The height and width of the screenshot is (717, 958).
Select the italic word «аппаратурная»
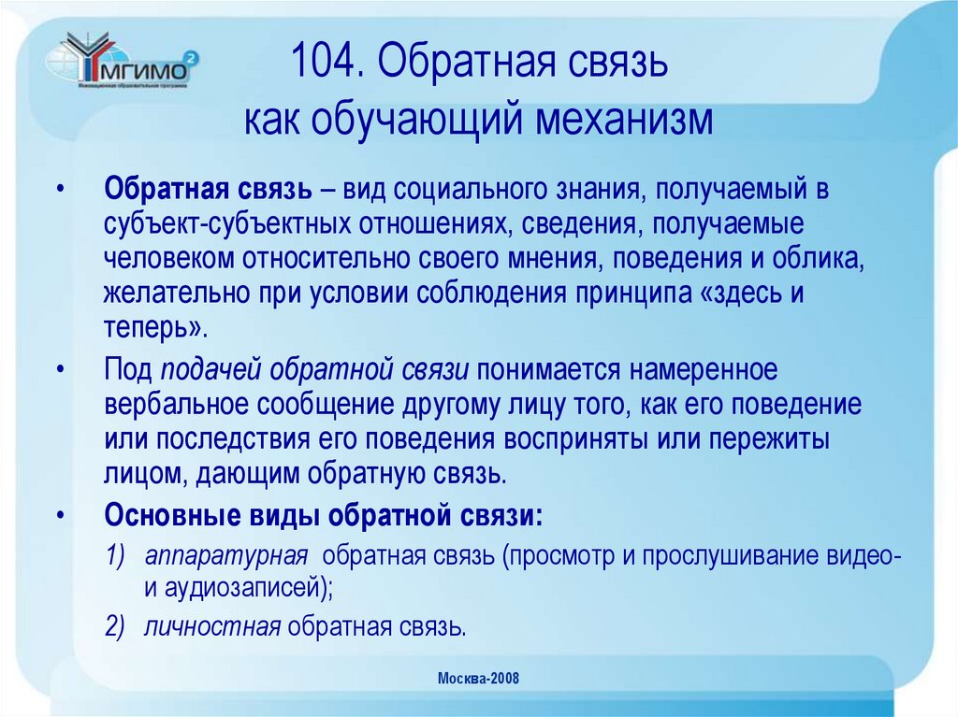coord(226,555)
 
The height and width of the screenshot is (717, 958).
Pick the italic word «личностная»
coord(212,625)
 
